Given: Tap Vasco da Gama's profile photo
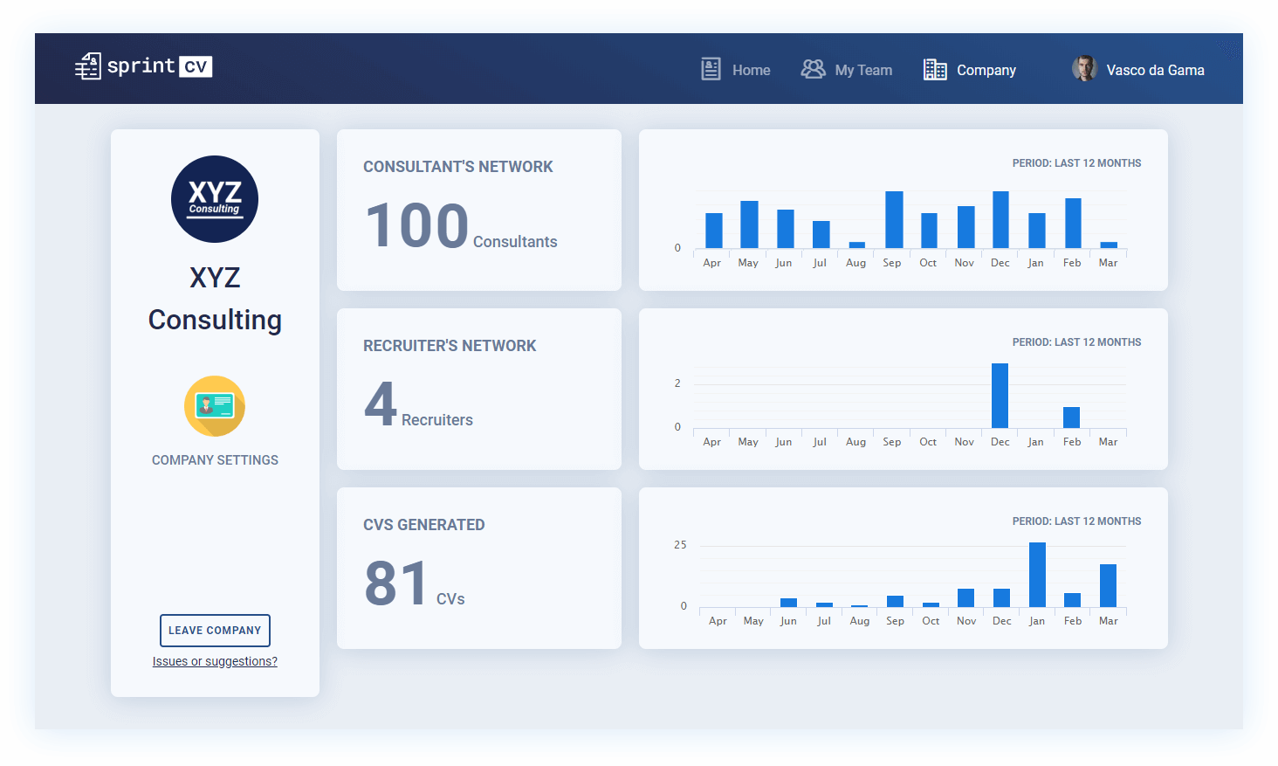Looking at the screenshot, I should (1084, 69).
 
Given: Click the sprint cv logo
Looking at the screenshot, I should (144, 66).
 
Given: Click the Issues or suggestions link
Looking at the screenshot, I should (215, 661).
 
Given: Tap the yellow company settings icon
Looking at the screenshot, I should (215, 406).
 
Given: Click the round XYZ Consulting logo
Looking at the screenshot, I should (215, 199).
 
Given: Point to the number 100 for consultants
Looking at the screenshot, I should (417, 225).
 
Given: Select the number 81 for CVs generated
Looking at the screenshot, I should (396, 583).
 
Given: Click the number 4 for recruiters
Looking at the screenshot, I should (381, 404).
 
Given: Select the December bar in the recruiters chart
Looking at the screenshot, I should (1000, 396).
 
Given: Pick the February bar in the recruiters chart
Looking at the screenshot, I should (1071, 418).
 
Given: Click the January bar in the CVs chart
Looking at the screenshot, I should (1037, 575).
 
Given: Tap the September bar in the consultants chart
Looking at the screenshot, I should (894, 220).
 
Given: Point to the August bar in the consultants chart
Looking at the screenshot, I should (857, 245).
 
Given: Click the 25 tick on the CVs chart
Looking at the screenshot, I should (680, 545).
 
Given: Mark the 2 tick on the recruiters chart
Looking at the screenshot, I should (677, 383).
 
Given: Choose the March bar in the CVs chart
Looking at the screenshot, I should (1108, 585).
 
